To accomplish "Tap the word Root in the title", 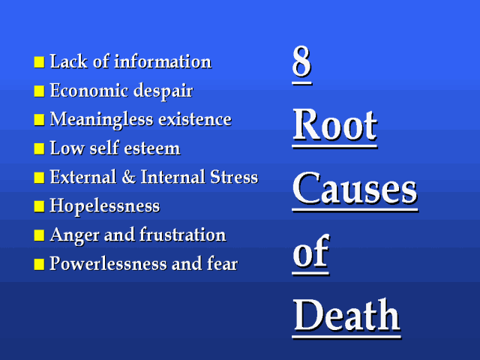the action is point(335,125).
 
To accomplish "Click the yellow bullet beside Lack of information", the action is point(39,61).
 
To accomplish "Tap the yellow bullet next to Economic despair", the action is point(39,91).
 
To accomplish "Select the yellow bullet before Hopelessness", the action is point(39,206).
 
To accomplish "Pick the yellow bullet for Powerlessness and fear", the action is point(39,264).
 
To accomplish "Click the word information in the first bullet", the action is point(163,61).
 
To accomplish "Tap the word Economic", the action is point(89,90).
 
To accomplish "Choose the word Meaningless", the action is point(101,120).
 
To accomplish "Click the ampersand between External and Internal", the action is point(128,177).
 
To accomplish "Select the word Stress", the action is point(234,177).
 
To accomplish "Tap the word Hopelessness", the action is point(105,206).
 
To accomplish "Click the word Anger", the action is point(75,235).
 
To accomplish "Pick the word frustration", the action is point(183,235).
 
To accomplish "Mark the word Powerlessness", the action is point(108,263).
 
